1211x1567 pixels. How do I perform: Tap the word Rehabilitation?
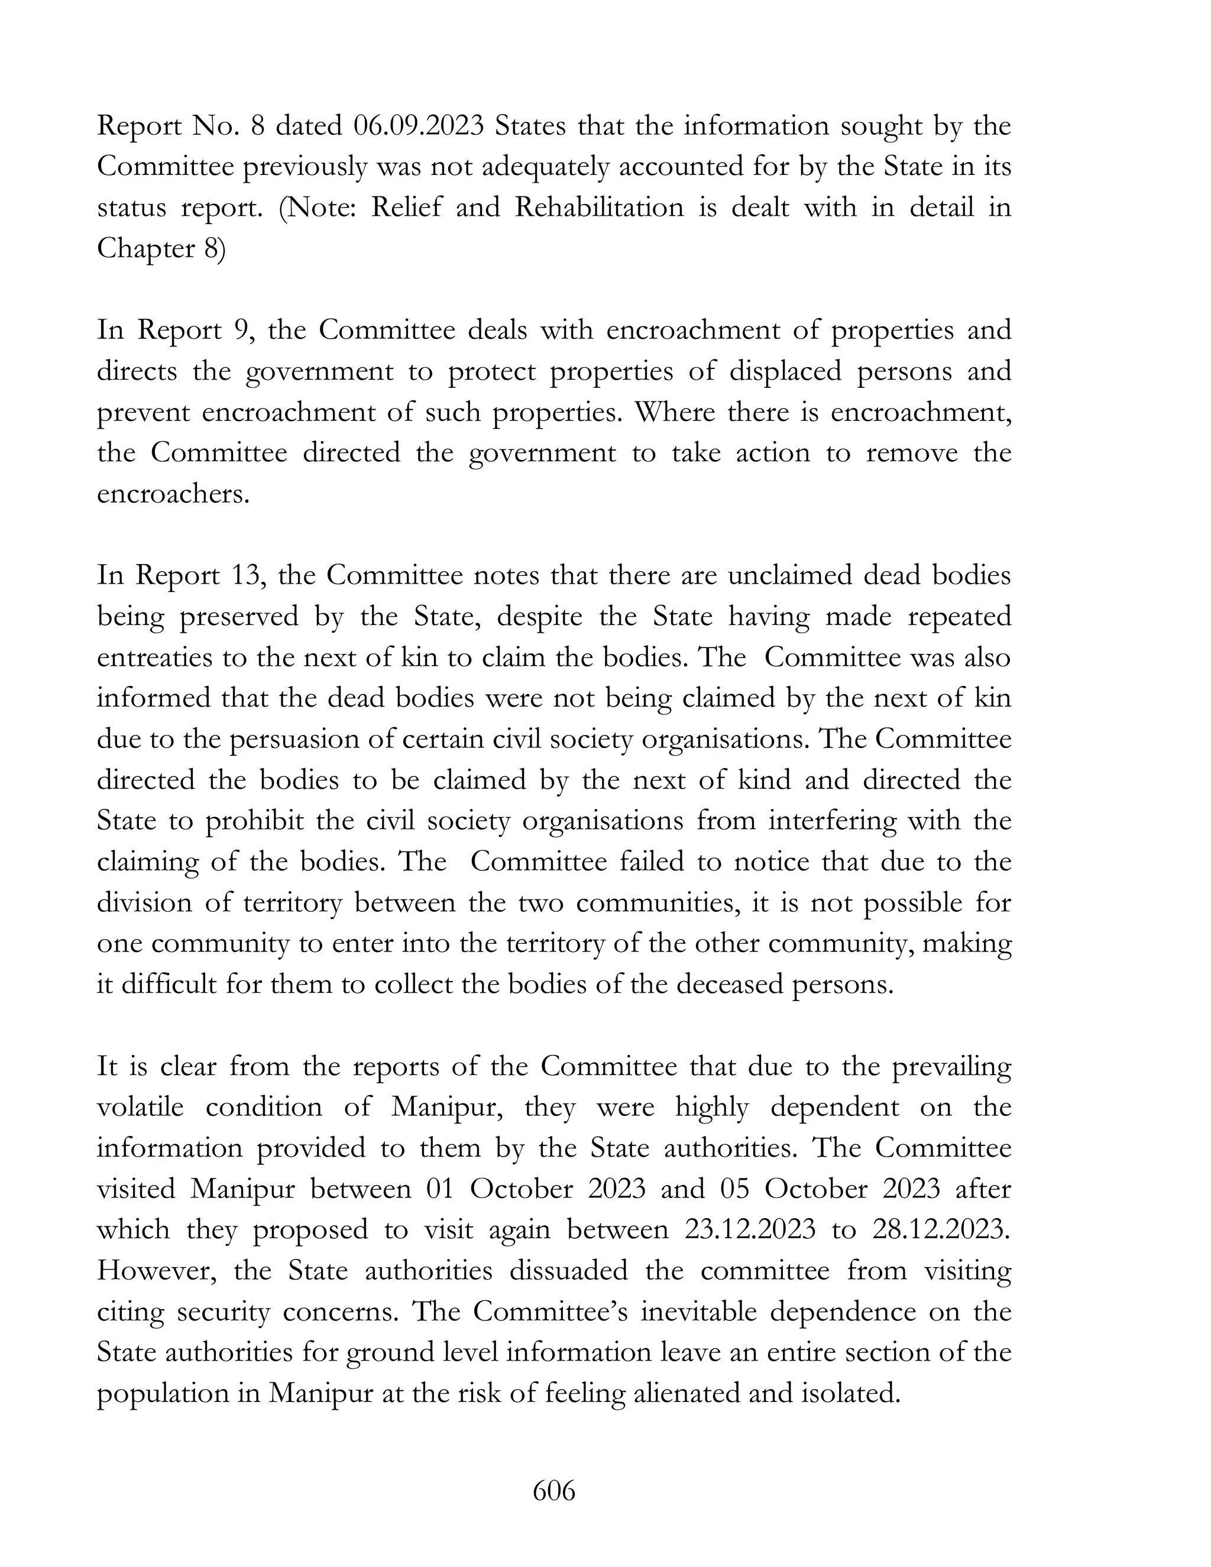coord(599,208)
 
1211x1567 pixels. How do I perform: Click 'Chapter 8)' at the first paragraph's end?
coord(161,249)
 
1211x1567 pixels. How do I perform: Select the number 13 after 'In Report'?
coord(244,576)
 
